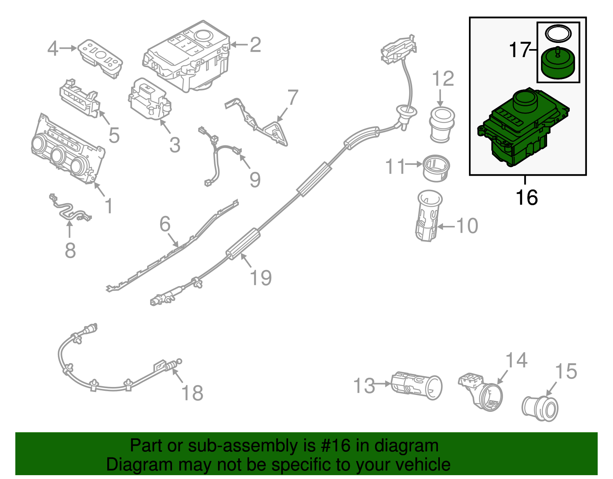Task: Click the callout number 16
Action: coord(526,198)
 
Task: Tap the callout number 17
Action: coord(519,50)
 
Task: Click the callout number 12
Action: coord(443,79)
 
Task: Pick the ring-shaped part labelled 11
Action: coord(436,168)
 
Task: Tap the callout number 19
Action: coord(261,278)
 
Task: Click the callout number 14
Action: coord(516,360)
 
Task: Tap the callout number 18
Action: coord(192,393)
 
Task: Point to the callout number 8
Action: coord(70,250)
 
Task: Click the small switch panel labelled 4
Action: coord(100,58)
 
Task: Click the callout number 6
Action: coord(165,224)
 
